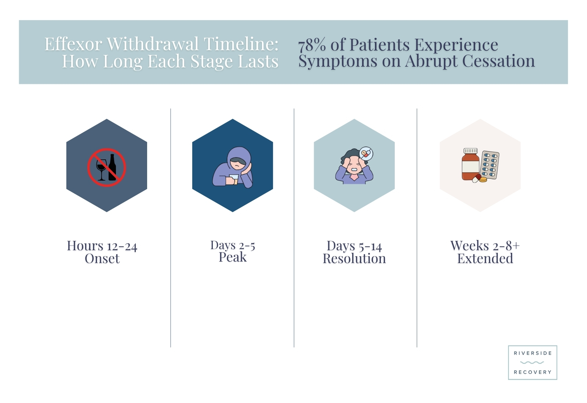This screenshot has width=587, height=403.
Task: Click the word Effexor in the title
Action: [73, 44]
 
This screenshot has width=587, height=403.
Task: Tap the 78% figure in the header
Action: [312, 45]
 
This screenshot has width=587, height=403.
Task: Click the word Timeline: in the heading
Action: [241, 44]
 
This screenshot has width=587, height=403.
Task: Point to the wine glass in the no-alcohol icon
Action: [101, 169]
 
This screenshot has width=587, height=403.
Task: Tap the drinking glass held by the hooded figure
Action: [234, 179]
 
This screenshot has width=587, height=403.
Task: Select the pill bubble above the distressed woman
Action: [366, 154]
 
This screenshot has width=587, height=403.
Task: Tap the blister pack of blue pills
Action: [489, 165]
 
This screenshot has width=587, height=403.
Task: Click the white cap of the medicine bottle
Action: [471, 151]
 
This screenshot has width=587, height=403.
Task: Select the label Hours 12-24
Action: [102, 246]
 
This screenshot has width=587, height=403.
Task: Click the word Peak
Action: [233, 257]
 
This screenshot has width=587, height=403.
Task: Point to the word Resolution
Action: [354, 259]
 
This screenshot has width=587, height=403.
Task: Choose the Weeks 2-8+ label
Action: [485, 246]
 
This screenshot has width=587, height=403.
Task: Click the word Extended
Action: [485, 258]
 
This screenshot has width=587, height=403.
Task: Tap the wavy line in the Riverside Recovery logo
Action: [532, 363]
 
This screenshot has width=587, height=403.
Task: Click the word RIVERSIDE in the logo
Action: [533, 353]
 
